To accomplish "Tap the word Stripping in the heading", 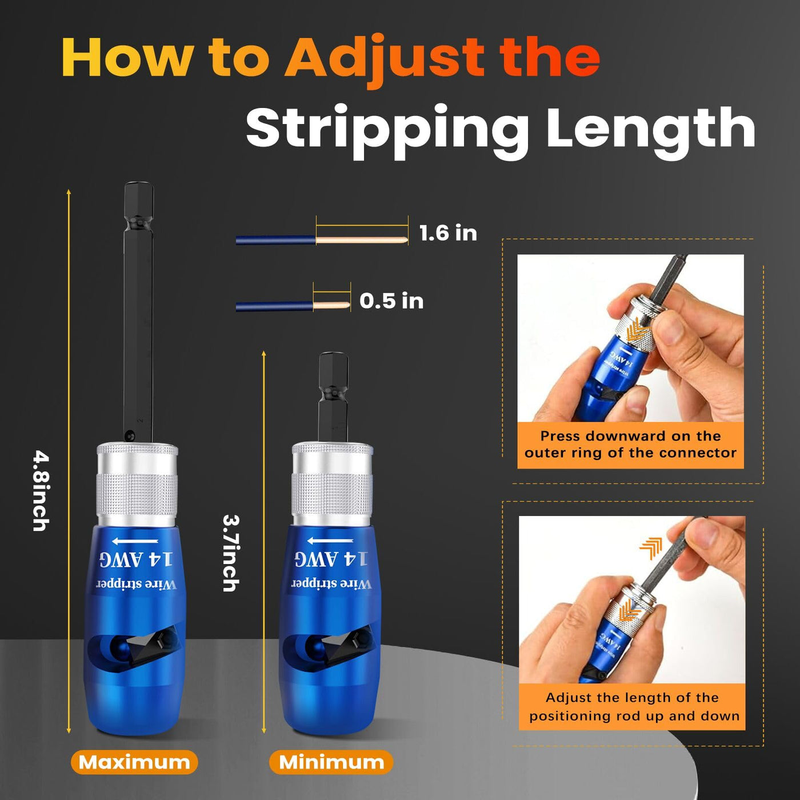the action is coord(387,131).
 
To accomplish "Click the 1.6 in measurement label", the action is coord(448,233).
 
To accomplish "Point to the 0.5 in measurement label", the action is coord(391,301).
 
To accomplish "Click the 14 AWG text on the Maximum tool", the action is coord(136,559).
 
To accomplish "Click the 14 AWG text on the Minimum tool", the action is coord(331,559).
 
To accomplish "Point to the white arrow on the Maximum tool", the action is coord(135,541).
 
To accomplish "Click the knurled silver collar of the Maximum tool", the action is coord(137,485).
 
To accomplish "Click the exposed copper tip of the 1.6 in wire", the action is coord(361,241).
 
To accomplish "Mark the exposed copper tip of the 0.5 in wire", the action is coord(331,306).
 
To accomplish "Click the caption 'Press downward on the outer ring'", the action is coord(630,444).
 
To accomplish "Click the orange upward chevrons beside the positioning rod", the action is coord(650,548).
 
